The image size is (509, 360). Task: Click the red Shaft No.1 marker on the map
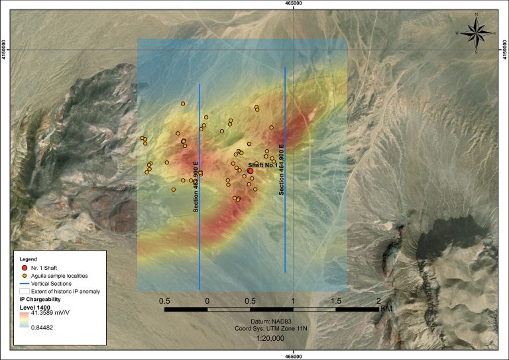[x=251, y=171]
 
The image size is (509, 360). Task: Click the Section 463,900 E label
[x=196, y=186]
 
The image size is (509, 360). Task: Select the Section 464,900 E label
[x=282, y=170]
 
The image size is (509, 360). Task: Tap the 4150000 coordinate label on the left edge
[x=4, y=48]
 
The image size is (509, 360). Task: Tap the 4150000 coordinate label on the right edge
[x=505, y=48]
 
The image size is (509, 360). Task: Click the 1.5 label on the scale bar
[x=336, y=301]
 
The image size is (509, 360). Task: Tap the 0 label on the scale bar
[x=207, y=301]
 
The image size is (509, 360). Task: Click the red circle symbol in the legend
[x=25, y=267]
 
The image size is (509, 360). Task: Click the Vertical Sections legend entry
[x=56, y=282]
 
